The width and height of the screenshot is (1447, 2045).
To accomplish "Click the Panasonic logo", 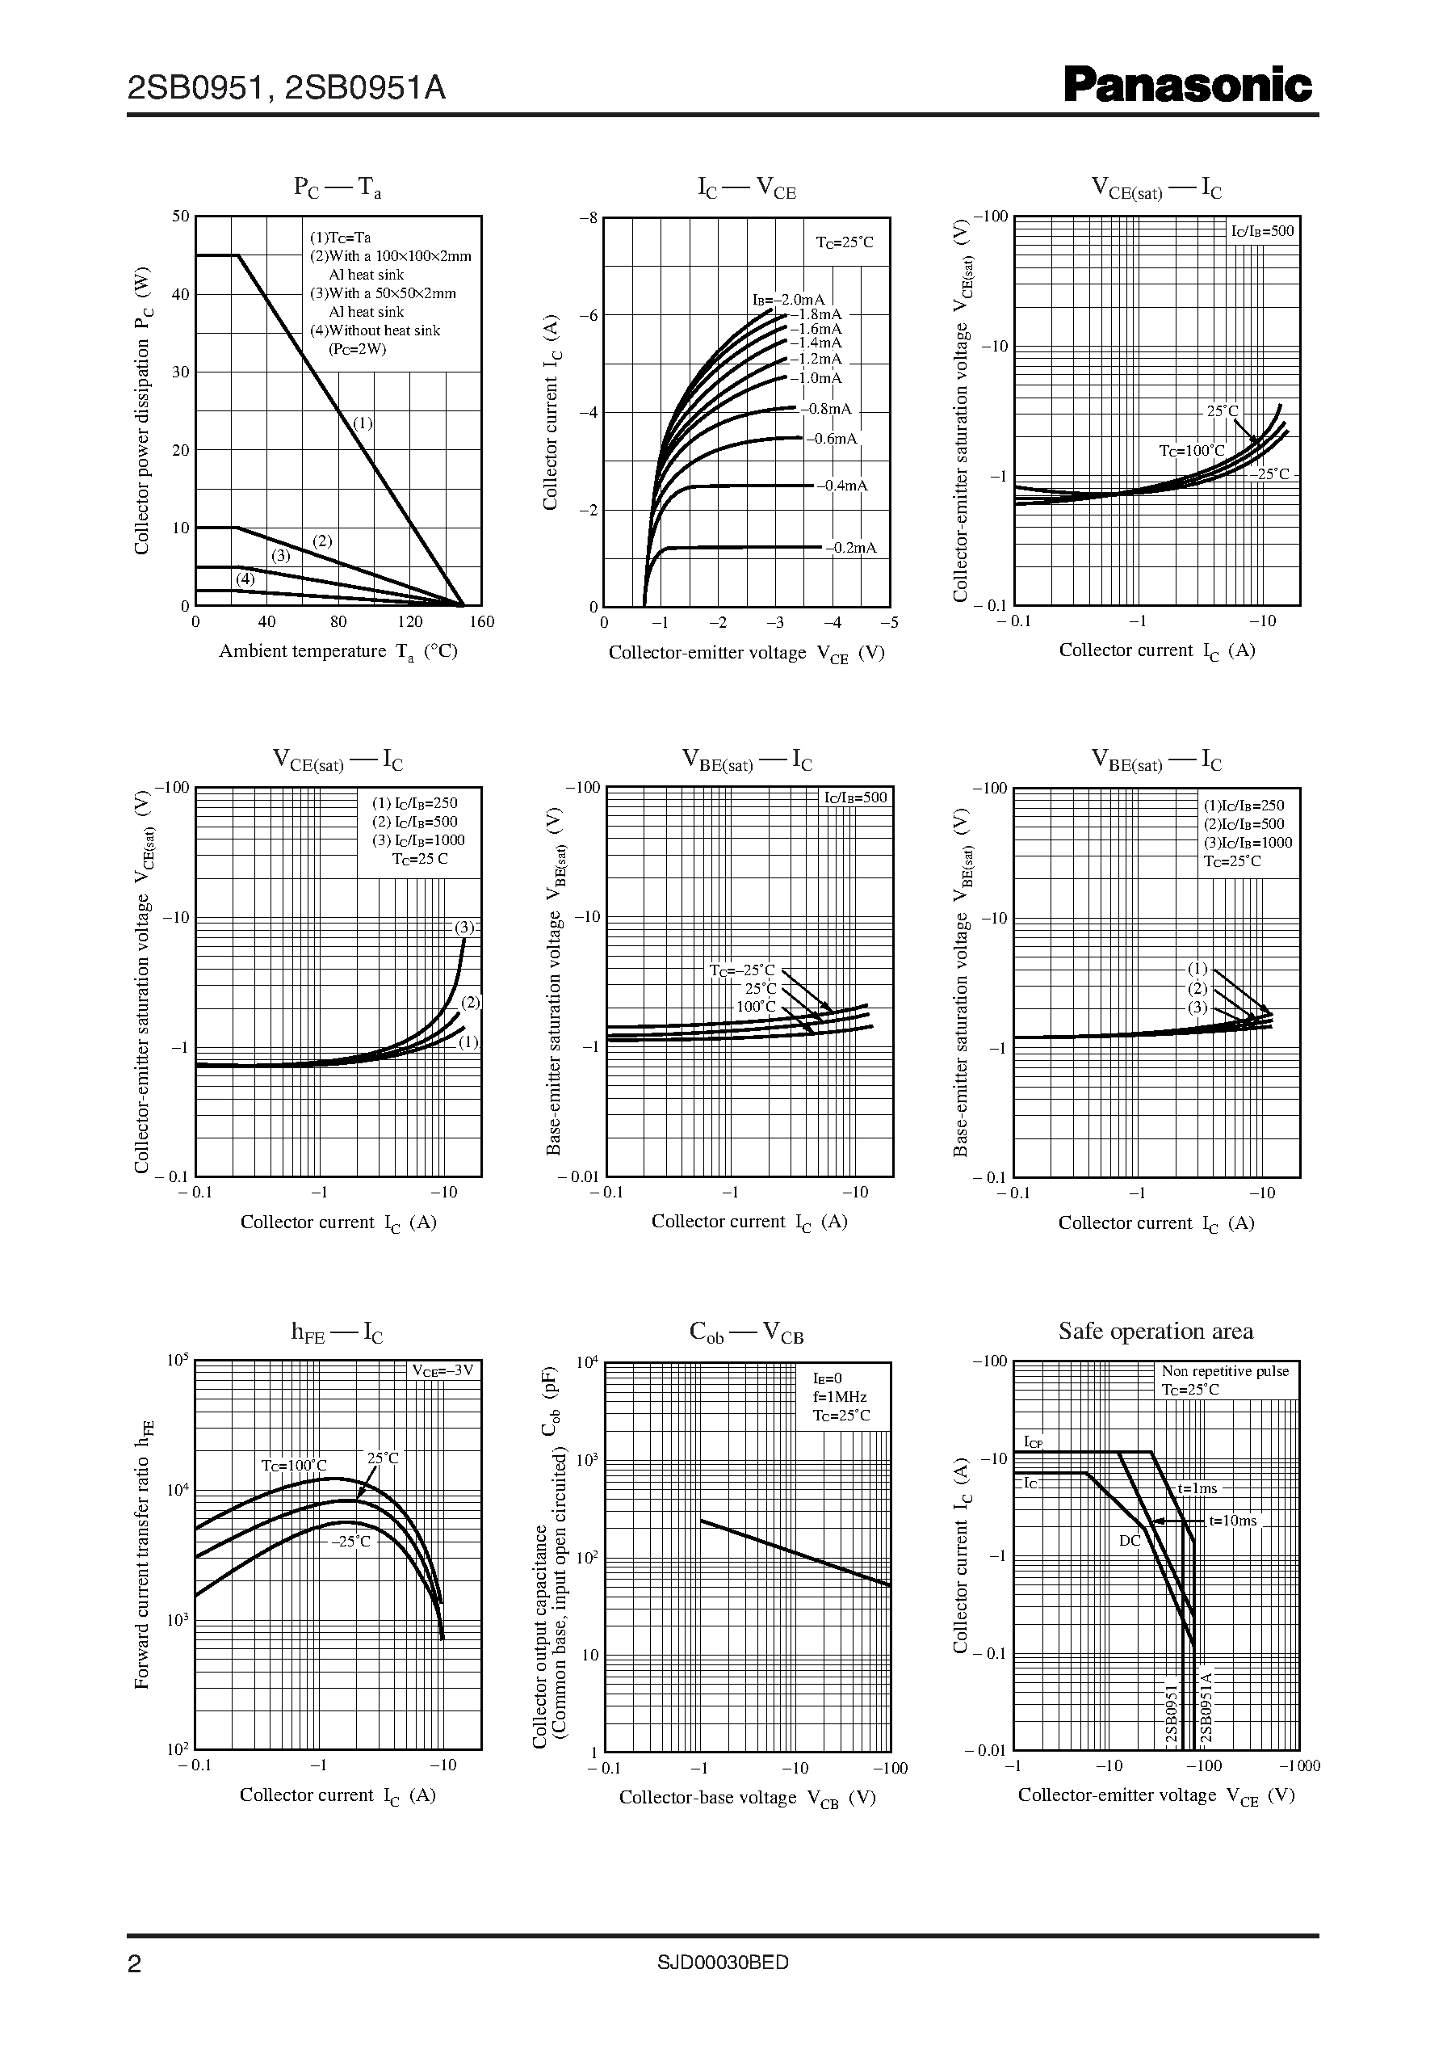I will pos(1188,86).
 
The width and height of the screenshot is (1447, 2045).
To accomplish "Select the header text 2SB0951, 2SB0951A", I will pos(286,88).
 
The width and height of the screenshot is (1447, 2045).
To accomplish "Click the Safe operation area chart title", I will pos(1156,1332).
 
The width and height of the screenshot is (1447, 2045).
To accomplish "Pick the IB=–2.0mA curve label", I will pos(789,300).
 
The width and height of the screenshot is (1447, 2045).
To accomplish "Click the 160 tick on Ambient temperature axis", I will pos(481,622).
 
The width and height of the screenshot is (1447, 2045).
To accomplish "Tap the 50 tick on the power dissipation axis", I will pos(181,216).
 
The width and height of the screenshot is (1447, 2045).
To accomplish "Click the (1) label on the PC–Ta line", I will pos(363,423).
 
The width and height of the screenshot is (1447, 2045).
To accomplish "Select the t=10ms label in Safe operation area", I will pos(1233,1521).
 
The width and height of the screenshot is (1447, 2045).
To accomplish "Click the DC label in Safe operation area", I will pos(1129,1541).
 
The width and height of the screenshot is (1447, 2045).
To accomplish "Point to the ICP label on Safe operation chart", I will pos(1034,1442).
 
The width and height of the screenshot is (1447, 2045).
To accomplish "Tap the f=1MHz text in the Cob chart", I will pos(839,1397).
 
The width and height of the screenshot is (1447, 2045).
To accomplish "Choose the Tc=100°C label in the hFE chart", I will pos(294,1466).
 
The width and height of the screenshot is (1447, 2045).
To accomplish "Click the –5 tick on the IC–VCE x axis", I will pos(889,623).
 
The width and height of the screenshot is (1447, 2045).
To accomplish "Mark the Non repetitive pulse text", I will pos(1225,1371).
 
